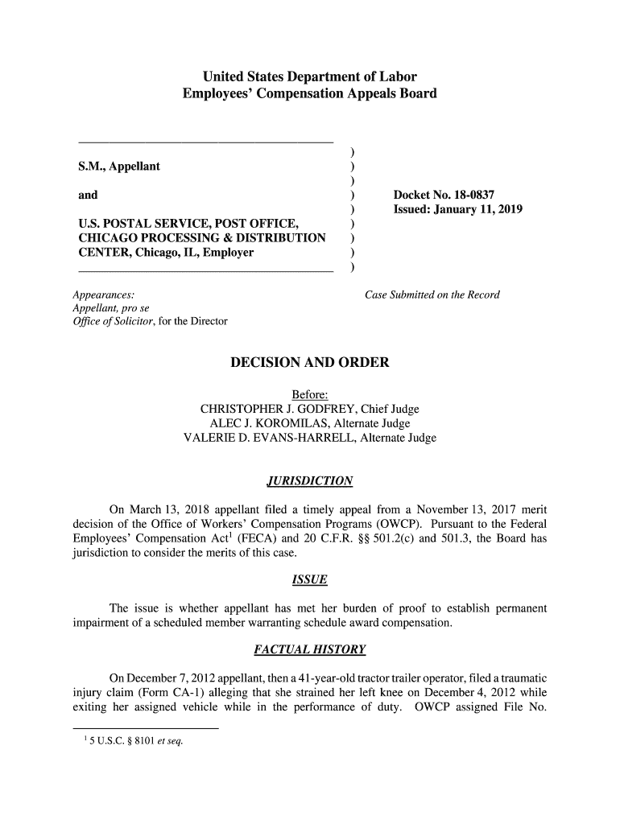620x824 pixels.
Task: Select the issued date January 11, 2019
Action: (477, 210)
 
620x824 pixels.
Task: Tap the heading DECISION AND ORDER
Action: (310, 363)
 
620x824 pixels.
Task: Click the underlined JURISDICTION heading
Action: (310, 481)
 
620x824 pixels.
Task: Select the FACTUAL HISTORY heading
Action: (310, 649)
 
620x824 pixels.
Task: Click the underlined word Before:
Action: (309, 393)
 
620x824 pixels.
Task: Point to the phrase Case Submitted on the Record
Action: (432, 295)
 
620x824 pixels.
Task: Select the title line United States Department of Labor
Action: (310, 77)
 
